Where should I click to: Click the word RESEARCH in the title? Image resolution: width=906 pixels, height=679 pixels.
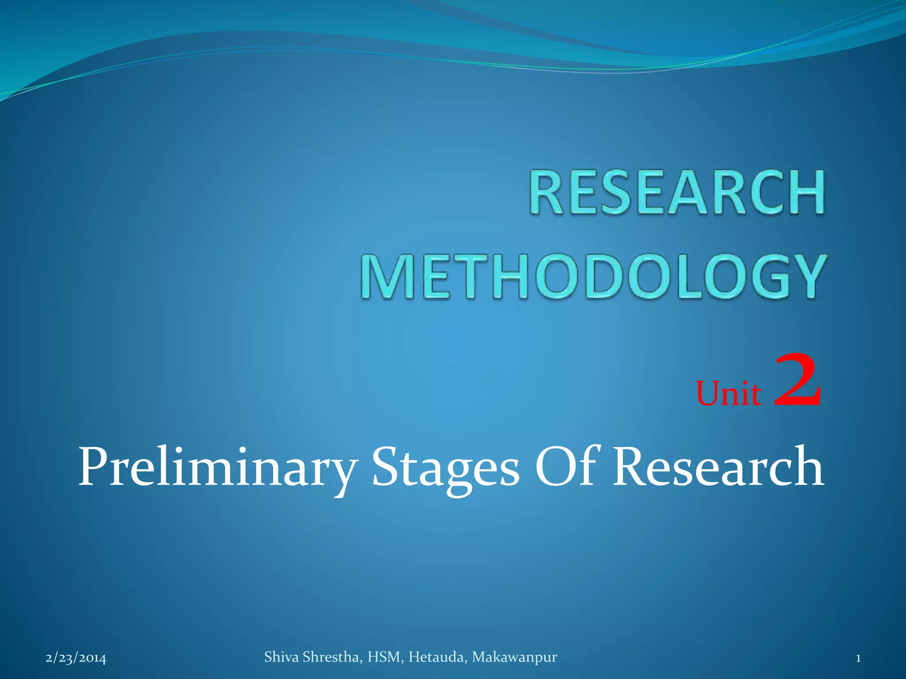pos(677,193)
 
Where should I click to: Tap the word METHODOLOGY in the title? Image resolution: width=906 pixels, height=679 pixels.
pos(593,277)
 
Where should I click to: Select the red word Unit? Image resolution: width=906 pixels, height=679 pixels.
pos(729,393)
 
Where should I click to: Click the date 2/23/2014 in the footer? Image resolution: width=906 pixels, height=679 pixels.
pos(76,658)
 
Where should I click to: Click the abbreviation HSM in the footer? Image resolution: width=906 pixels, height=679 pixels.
pos(385,657)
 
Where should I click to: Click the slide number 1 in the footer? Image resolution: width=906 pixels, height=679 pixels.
pos(858,658)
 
